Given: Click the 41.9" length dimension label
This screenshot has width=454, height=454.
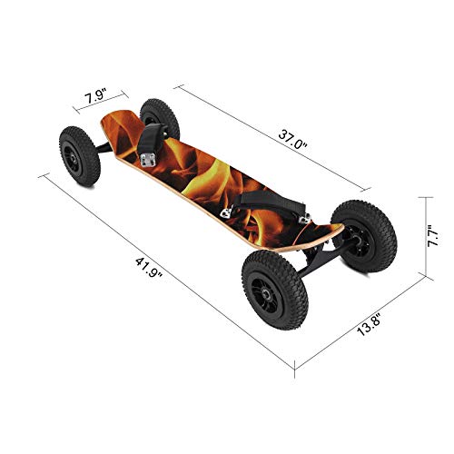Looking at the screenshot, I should pyautogui.click(x=145, y=271).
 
